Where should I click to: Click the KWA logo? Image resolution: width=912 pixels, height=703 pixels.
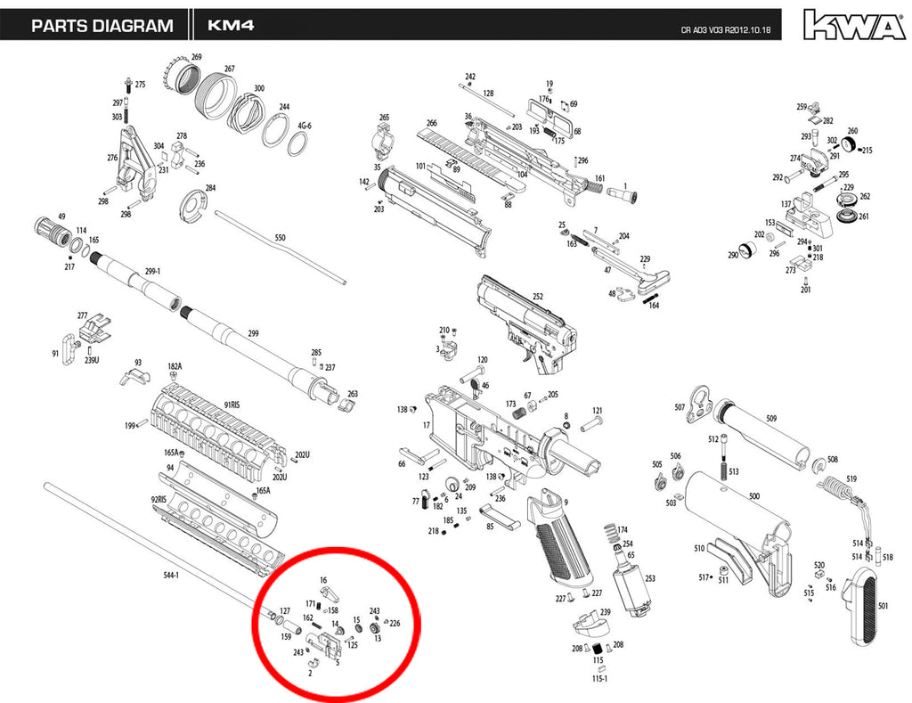(x=853, y=24)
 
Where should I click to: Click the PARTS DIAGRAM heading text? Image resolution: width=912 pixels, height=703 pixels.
(x=102, y=26)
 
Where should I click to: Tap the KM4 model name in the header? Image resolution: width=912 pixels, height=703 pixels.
(x=231, y=26)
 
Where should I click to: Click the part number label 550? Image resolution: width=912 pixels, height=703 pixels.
(x=280, y=238)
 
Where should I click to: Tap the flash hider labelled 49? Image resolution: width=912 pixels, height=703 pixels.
(x=55, y=233)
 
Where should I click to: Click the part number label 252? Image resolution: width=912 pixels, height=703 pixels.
(x=538, y=297)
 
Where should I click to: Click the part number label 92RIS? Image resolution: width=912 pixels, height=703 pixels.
(x=160, y=500)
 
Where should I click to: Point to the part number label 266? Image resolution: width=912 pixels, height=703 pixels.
(x=431, y=124)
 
